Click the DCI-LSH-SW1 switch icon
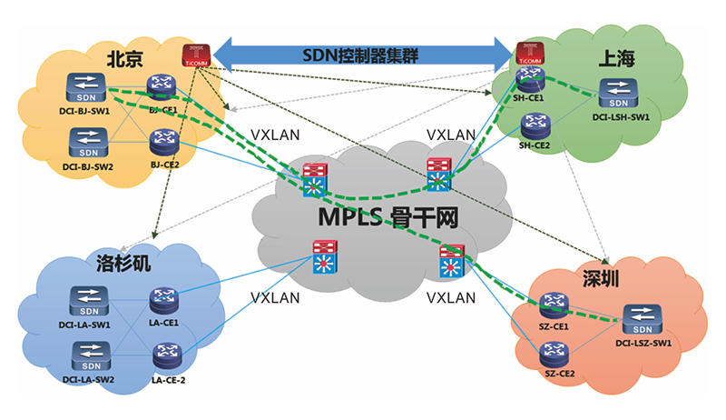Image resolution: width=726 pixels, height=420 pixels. tap(618, 92)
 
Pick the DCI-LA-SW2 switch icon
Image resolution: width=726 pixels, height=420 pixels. tap(88, 352)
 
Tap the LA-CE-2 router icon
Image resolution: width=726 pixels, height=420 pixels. tap(167, 354)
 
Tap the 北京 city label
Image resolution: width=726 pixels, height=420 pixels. tap(124, 60)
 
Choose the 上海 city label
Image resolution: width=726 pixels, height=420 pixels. tap(616, 60)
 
